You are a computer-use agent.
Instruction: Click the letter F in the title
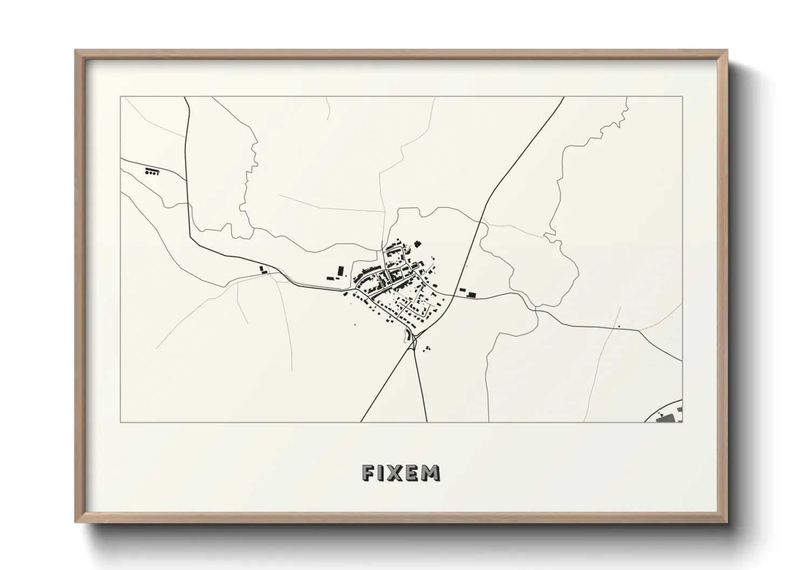coord(369,472)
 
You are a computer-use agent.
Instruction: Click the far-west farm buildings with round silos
coord(153,172)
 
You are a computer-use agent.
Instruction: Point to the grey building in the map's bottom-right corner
coord(669,417)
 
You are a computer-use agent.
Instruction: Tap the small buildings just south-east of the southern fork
coord(428,349)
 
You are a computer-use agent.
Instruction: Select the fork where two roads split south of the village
coord(414,344)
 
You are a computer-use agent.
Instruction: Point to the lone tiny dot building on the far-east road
coord(619,326)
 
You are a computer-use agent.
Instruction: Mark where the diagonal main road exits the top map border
coord(563,98)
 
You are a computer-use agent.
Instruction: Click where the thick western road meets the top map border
coord(184,98)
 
